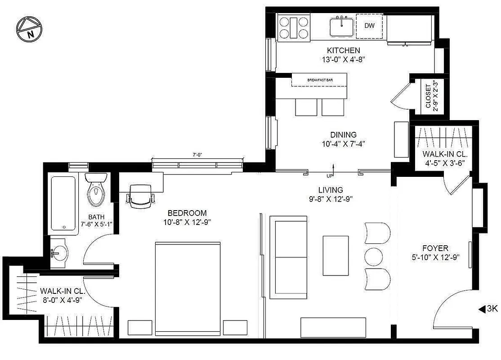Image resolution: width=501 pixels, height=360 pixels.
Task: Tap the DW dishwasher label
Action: (x=369, y=26)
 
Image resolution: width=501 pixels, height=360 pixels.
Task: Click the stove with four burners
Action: (x=294, y=27)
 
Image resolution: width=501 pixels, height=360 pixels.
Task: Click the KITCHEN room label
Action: (x=343, y=50)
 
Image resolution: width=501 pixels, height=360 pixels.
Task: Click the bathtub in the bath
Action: (x=64, y=203)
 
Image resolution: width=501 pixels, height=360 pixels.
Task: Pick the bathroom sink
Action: (x=60, y=253)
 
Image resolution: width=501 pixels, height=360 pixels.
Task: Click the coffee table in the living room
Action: (x=335, y=255)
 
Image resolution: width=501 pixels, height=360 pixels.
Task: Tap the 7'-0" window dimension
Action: (x=197, y=155)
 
